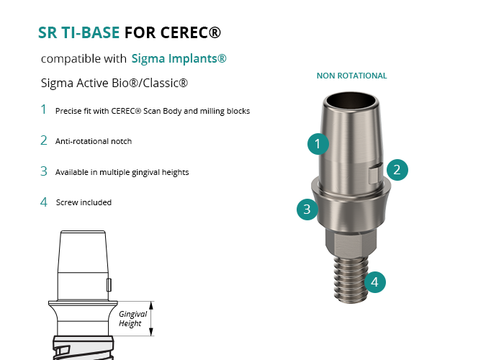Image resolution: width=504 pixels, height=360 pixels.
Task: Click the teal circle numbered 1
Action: click(x=318, y=144)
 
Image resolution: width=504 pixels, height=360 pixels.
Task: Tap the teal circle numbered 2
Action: click(x=397, y=170)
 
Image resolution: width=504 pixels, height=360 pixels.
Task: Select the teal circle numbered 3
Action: click(x=307, y=210)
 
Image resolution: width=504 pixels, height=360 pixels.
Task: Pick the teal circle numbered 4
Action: click(x=375, y=282)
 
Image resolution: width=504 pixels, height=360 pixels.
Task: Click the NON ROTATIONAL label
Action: click(x=351, y=76)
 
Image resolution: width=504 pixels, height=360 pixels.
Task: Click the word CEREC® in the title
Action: click(x=191, y=32)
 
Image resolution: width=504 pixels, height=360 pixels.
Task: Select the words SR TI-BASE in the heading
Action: click(x=78, y=32)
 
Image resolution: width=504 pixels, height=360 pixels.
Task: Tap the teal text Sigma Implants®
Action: click(x=179, y=58)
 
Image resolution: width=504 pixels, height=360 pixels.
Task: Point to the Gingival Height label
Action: click(x=132, y=318)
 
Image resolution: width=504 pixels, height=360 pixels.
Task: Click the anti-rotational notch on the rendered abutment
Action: click(x=375, y=174)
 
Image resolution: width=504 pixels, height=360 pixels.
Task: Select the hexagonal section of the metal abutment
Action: click(x=351, y=242)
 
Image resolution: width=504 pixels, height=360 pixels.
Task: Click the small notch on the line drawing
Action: click(x=109, y=285)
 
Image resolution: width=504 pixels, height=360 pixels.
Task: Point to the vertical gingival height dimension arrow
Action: click(x=151, y=318)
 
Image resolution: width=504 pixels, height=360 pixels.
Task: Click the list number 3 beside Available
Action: click(x=44, y=171)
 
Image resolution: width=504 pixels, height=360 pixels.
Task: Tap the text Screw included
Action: click(x=84, y=202)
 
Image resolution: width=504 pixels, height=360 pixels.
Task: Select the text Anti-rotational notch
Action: click(x=94, y=141)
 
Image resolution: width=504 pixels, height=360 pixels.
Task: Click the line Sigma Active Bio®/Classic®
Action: click(x=114, y=83)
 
